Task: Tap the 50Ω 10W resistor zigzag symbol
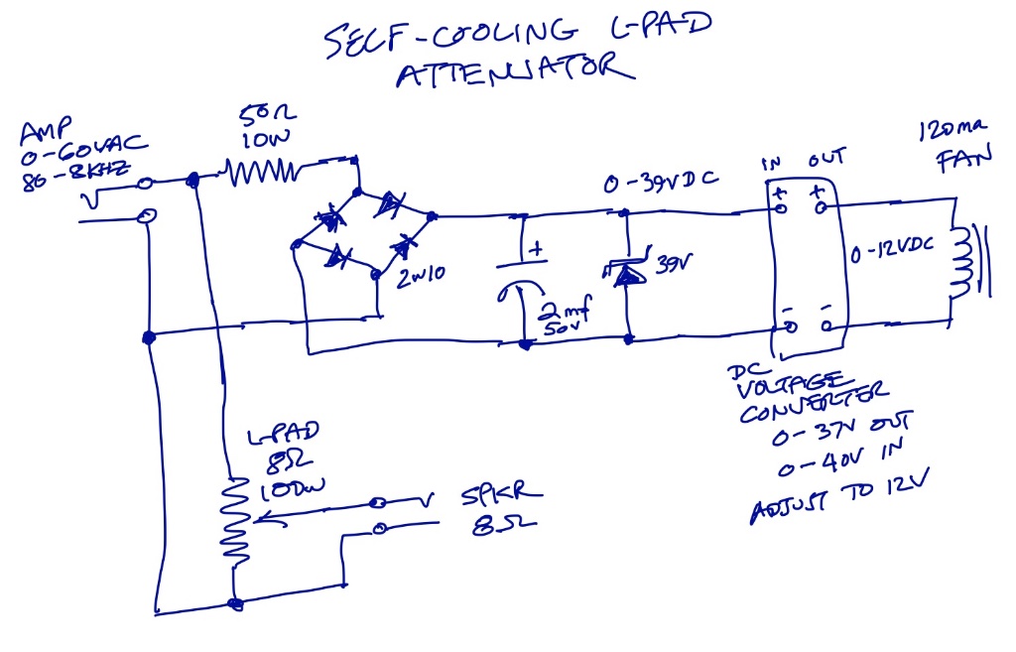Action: click(x=262, y=175)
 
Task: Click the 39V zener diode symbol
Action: click(x=626, y=273)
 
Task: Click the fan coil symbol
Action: click(x=959, y=260)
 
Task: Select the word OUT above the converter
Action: click(x=825, y=161)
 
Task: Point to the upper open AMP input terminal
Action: click(x=147, y=182)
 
